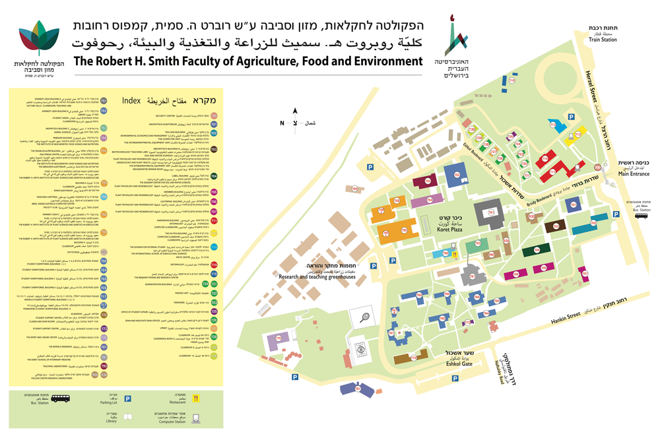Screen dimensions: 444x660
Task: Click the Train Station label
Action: pos(603,39)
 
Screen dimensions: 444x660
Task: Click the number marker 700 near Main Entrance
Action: pos(597,168)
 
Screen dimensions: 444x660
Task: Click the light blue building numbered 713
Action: pos(553,125)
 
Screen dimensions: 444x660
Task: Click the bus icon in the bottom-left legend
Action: pos(61,398)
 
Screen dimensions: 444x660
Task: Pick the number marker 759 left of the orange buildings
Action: pos(354,189)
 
